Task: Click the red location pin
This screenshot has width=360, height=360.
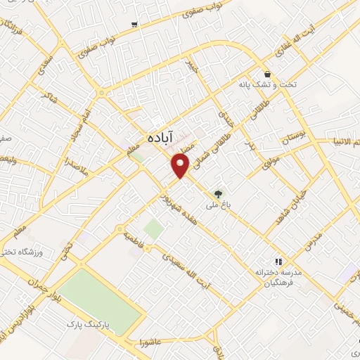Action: click(182, 165)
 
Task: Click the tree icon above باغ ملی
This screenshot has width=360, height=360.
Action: click(219, 193)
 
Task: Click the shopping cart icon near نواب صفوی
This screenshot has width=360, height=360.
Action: click(134, 24)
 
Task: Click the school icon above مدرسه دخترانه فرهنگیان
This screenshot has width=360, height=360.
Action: click(278, 259)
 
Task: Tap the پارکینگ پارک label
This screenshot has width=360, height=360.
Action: click(85, 325)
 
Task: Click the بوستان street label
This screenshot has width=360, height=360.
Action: click(295, 141)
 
